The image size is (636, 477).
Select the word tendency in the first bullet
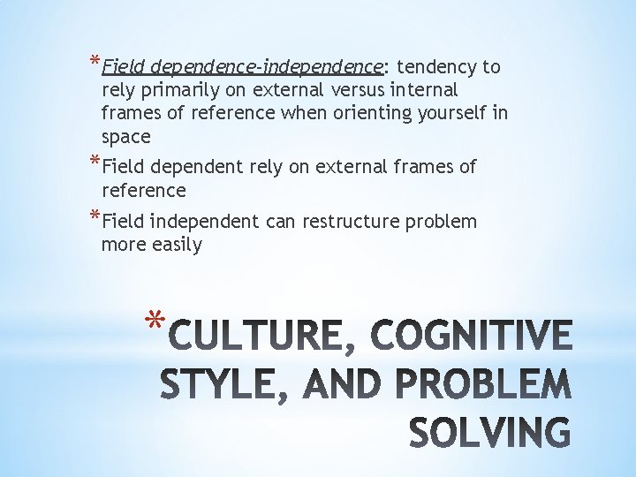pyautogui.click(x=438, y=66)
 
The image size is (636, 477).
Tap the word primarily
pyautogui.click(x=176, y=90)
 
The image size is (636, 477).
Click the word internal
pyautogui.click(x=424, y=90)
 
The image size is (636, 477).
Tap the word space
pyautogui.click(x=126, y=138)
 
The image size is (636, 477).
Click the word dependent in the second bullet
pyautogui.click(x=196, y=167)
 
